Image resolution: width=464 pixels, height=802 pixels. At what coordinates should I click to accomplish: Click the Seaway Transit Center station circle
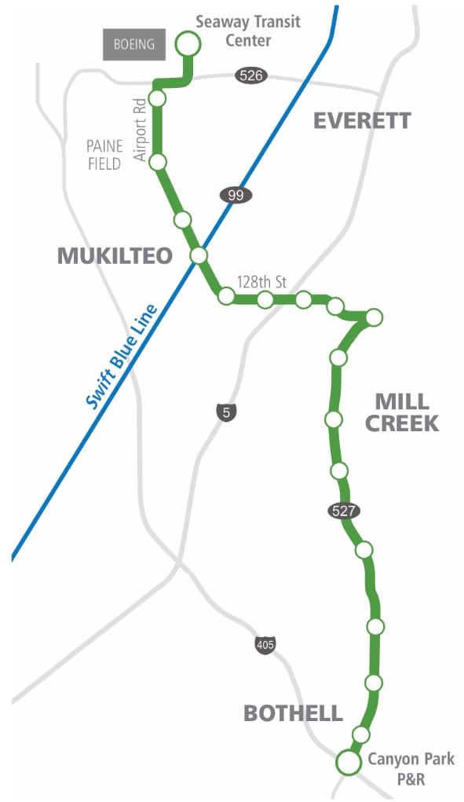tap(187, 44)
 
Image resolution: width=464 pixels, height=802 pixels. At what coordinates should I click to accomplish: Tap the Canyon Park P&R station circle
tap(347, 762)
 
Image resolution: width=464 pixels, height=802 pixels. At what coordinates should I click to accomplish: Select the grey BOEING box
tap(134, 45)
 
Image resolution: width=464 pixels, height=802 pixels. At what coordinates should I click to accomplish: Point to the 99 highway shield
tap(236, 196)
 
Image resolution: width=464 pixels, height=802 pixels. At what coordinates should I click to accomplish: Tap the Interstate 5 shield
tap(225, 411)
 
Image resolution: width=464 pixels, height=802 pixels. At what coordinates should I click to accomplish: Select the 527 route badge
tap(344, 511)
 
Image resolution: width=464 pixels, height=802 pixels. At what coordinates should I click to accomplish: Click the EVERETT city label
tap(362, 120)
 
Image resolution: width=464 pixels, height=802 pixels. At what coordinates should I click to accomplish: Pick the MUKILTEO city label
tap(115, 255)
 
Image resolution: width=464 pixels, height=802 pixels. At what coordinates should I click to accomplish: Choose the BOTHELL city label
tap(293, 713)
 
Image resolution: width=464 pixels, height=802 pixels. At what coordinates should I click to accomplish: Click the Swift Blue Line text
tap(122, 357)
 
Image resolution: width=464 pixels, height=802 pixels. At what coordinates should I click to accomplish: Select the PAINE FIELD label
tap(104, 155)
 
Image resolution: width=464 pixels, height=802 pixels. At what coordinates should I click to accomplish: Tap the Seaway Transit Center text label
tap(248, 31)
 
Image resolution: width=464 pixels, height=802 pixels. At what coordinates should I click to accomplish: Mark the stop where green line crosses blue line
tap(199, 255)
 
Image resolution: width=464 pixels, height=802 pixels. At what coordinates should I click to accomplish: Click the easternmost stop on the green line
tap(374, 317)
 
